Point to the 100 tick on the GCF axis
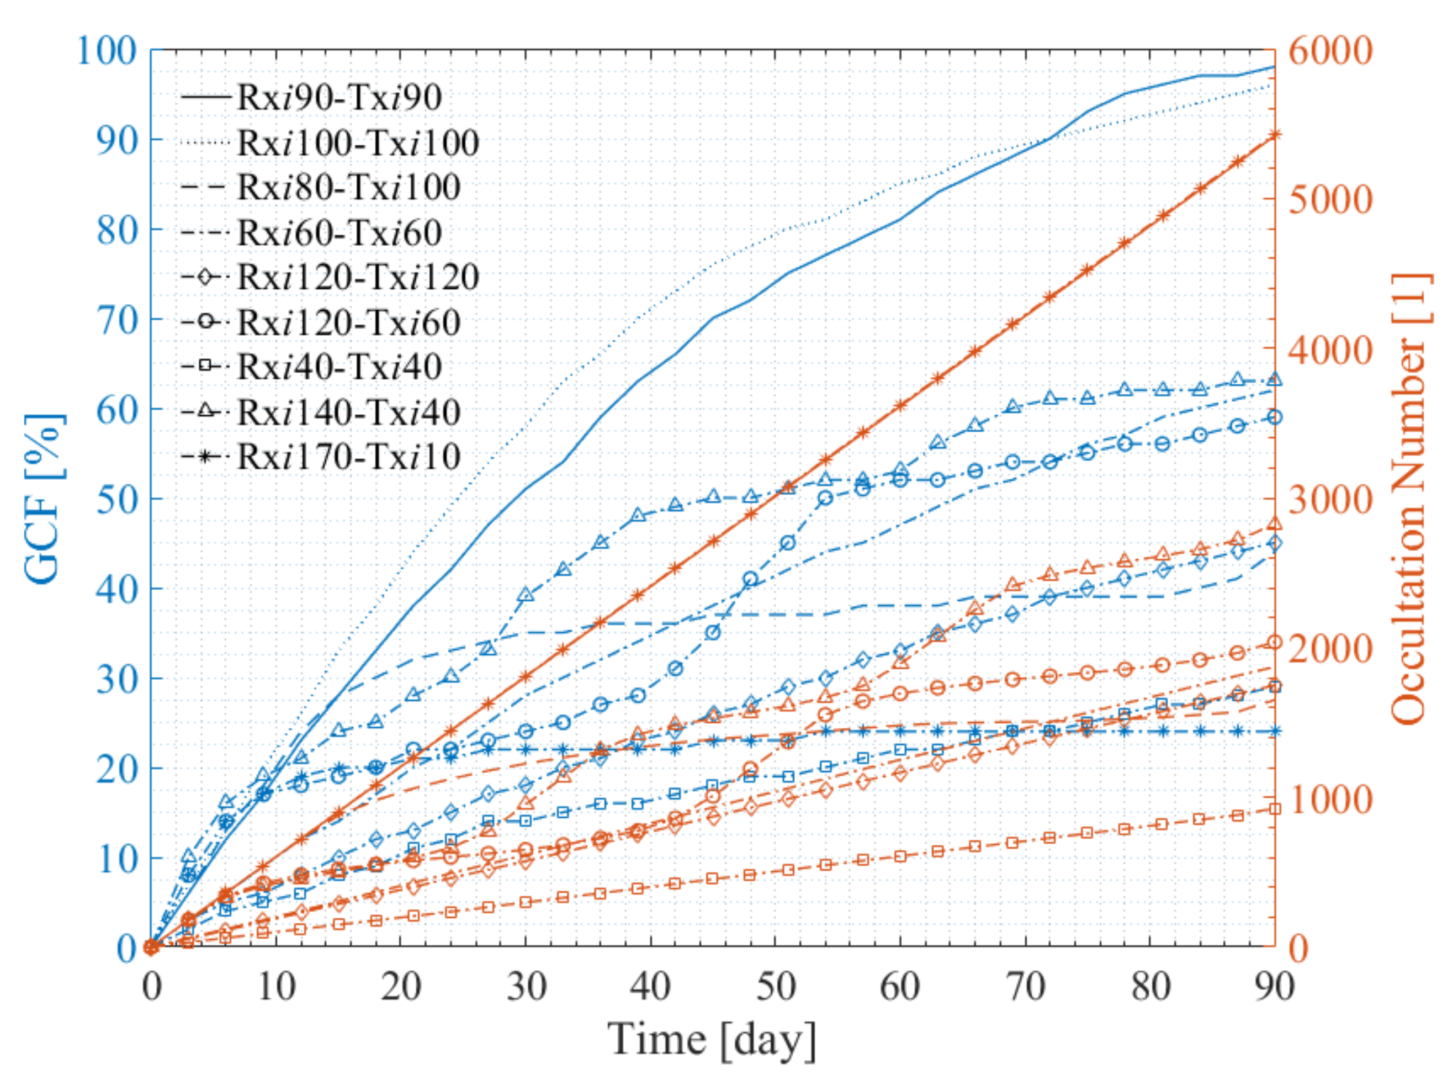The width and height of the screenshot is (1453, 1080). pyautogui.click(x=107, y=50)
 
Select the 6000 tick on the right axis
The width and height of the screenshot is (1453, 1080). pyautogui.click(x=1330, y=50)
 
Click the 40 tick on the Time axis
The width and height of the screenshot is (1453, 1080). pyautogui.click(x=651, y=987)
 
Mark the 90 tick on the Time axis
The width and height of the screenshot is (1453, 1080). pyautogui.click(x=1275, y=987)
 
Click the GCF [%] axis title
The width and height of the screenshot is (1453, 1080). pyautogui.click(x=45, y=498)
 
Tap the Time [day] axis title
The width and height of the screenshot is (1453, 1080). pyautogui.click(x=713, y=1040)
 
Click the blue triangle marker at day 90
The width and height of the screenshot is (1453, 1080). pyautogui.click(x=1275, y=380)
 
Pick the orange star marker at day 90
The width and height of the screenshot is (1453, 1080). pyautogui.click(x=1275, y=135)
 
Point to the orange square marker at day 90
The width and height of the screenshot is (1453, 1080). pyautogui.click(x=1275, y=809)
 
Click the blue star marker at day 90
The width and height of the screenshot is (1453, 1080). pyautogui.click(x=1275, y=731)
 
